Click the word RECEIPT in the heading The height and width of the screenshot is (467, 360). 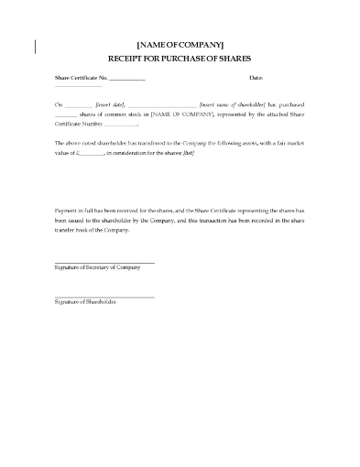click(128, 57)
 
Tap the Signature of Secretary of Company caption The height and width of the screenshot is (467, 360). click(92, 267)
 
